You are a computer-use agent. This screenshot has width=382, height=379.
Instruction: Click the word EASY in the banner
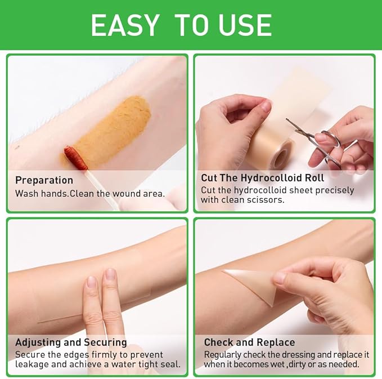(x=125, y=25)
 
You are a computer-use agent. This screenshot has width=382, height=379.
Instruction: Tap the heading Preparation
(x=44, y=180)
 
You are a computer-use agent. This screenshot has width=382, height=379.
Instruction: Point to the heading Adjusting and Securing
(x=71, y=342)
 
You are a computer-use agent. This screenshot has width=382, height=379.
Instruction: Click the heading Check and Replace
(x=249, y=342)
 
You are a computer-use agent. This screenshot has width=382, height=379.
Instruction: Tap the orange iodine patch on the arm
(x=118, y=127)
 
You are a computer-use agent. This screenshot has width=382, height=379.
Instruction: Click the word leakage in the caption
(x=33, y=364)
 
